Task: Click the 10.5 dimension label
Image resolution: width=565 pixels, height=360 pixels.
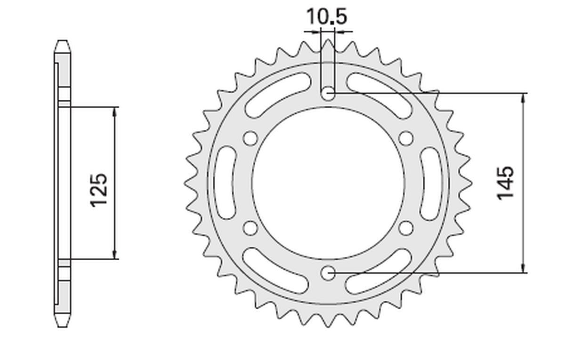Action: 327,17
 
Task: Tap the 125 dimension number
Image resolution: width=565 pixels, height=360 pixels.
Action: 100,190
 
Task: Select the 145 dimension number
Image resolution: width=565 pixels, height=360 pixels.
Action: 506,182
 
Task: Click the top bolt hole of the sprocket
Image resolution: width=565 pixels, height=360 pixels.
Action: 328,94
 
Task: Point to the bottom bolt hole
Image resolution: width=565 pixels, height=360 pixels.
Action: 328,272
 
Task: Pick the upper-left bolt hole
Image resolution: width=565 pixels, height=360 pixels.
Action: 250,139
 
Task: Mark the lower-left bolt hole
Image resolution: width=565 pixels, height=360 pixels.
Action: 250,228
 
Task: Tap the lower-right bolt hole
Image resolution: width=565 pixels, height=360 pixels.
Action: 406,228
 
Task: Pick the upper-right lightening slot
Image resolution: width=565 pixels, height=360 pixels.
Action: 379,94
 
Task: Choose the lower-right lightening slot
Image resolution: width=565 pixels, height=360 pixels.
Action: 379,272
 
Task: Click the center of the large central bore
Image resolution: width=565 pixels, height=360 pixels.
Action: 328,183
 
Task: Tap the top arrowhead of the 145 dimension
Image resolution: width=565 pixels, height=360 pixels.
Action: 523,96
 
